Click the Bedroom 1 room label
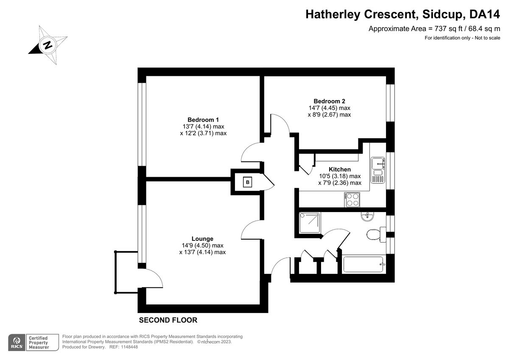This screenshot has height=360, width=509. point(203,120)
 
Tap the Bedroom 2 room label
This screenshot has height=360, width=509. point(329,101)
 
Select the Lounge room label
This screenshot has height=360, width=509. point(202,239)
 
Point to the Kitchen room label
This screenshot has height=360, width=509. point(340,169)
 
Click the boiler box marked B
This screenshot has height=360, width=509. point(247,182)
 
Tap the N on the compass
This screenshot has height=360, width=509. point(48,45)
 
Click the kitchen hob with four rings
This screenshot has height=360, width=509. point(352,200)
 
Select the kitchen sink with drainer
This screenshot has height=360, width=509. point(378,170)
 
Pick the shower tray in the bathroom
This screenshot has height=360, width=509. point(310,223)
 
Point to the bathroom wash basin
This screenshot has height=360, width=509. point(367,216)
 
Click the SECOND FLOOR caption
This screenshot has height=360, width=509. point(168,320)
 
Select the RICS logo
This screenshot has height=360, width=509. point(17,343)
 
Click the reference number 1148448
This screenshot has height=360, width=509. point(129,347)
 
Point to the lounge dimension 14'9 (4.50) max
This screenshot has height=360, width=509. point(202,245)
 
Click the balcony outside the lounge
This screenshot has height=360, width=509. point(126,272)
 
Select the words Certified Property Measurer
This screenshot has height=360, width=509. point(39,343)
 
